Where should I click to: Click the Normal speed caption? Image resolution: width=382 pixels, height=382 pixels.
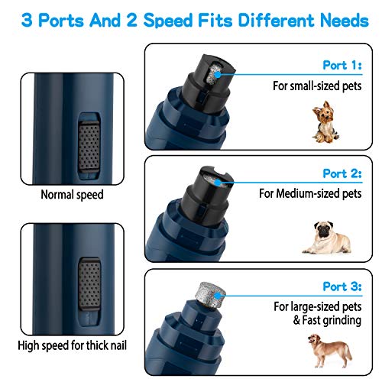[73, 195]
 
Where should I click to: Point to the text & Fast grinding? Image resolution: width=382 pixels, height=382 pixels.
[329, 321]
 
